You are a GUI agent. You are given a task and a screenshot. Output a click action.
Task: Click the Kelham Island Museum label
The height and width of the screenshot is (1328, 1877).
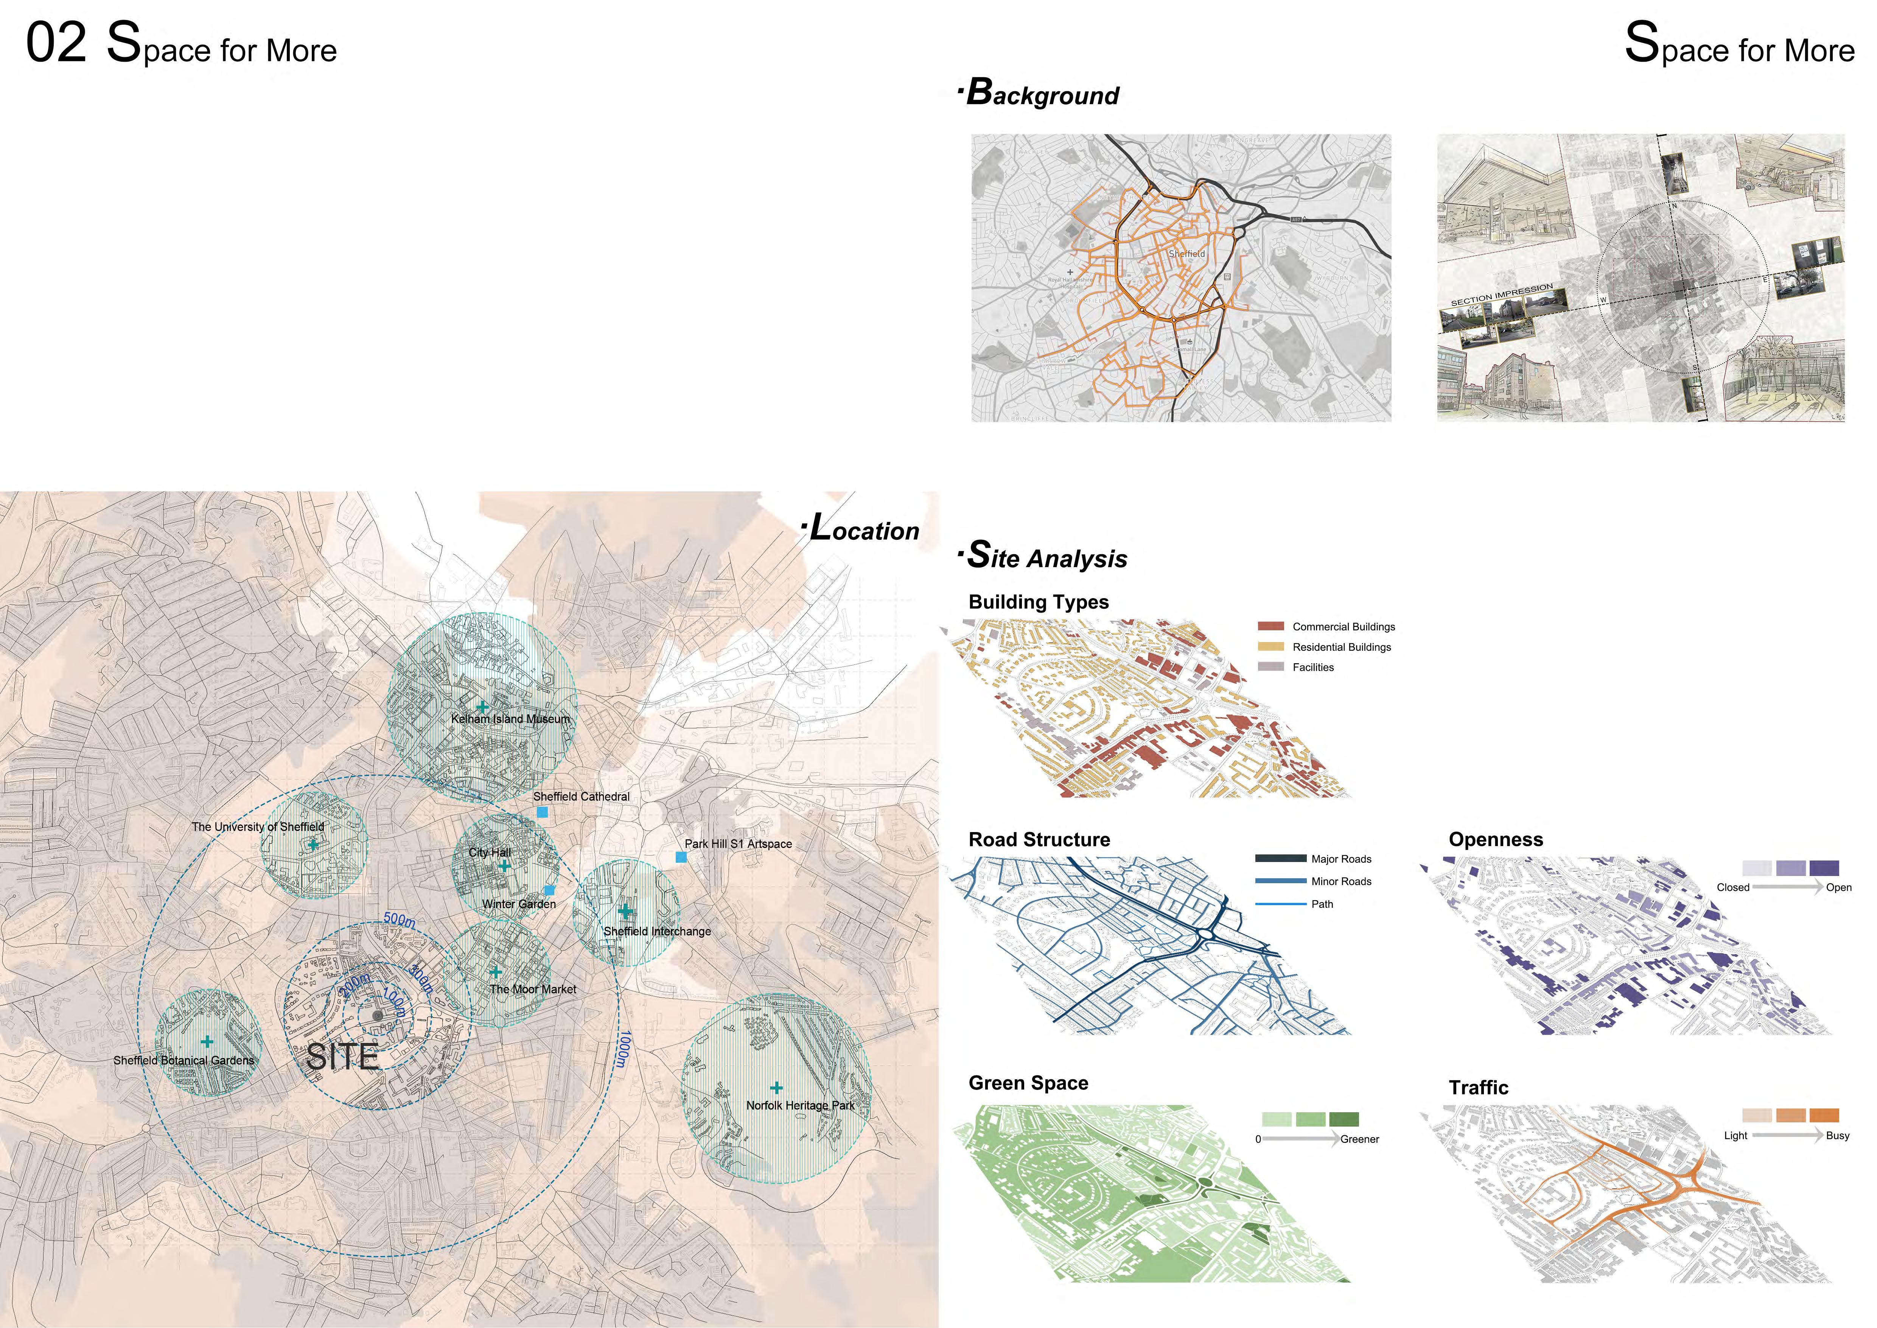(510, 719)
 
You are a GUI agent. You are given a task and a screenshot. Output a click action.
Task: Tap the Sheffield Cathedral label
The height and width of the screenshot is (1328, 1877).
(581, 796)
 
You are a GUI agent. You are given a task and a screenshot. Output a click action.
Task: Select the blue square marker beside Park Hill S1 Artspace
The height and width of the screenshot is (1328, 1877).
(681, 857)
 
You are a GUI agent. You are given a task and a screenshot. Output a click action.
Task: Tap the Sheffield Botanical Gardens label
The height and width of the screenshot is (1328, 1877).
(184, 1061)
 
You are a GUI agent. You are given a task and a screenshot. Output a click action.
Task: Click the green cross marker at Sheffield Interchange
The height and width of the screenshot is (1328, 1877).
(625, 911)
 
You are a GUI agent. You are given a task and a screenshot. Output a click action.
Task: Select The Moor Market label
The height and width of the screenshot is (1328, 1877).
(533, 990)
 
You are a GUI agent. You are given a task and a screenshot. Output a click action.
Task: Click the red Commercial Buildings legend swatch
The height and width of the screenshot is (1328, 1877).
(1271, 627)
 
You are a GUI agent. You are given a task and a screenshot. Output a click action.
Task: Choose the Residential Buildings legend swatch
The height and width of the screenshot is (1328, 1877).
(1271, 647)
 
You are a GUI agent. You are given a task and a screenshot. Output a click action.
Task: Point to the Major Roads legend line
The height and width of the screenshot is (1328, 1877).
(1280, 859)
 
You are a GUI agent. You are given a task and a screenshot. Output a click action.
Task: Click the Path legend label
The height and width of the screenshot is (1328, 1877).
(1322, 904)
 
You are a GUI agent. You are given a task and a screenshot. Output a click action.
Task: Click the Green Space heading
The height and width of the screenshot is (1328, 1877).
(1028, 1083)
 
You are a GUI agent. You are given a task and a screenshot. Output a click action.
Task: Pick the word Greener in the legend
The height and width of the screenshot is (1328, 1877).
(1359, 1139)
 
